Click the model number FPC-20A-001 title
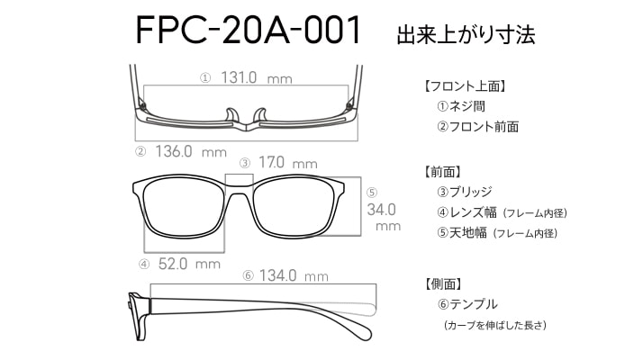248,30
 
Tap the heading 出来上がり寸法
466,35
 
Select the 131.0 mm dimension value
257,77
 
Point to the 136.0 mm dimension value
191,152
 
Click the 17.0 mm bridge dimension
288,163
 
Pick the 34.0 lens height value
381,210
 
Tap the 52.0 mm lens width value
189,264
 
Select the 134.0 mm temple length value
294,275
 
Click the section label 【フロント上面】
465,86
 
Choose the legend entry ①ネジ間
461,106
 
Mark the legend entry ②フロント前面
477,127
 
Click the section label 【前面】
442,172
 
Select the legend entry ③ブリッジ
464,192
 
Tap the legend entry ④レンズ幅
466,212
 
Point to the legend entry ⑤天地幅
462,233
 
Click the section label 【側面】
442,283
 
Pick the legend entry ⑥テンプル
467,304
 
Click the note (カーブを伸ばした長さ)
495,325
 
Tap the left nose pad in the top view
231,115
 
